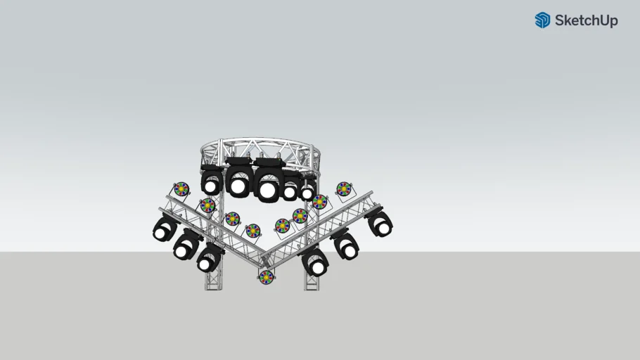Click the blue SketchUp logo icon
pos(542,20)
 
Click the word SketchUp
pos(586,20)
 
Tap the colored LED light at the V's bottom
pos(266,277)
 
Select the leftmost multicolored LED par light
pos(181,189)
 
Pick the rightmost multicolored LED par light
pos(343,188)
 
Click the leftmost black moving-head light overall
pos(165,228)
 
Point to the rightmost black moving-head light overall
pos(380,223)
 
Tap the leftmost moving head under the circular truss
pos(212,182)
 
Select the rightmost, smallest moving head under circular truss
pos(307,191)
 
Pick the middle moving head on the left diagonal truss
pos(186,245)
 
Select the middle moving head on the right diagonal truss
pos(346,245)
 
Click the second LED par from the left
pos(207,205)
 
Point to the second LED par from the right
pos(320,202)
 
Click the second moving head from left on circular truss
pos(238,184)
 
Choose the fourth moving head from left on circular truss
pos(290,190)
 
